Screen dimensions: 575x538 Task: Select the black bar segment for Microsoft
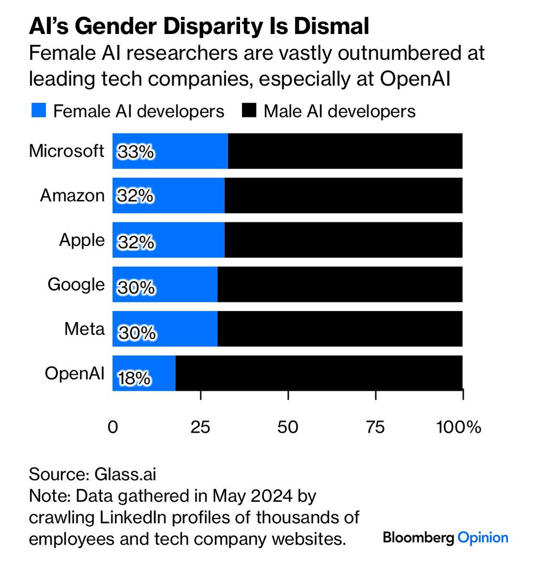tap(345, 151)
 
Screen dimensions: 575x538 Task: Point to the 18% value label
tap(134, 379)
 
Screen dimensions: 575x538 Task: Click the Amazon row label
tap(72, 195)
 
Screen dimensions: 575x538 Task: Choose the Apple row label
tap(81, 240)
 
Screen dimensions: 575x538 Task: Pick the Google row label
tap(76, 285)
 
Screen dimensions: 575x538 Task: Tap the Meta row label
tap(84, 329)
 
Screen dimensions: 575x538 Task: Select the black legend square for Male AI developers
tap(249, 111)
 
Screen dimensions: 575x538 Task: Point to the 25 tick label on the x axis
tap(200, 427)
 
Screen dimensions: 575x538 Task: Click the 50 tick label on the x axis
tap(288, 427)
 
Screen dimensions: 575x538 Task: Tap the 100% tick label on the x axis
tap(458, 427)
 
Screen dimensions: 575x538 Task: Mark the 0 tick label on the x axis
tap(113, 427)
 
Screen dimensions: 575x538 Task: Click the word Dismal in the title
tap(332, 27)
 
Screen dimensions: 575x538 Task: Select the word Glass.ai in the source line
tap(125, 474)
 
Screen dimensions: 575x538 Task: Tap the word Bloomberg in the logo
tap(418, 537)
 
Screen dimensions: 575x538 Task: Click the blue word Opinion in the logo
tap(483, 537)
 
